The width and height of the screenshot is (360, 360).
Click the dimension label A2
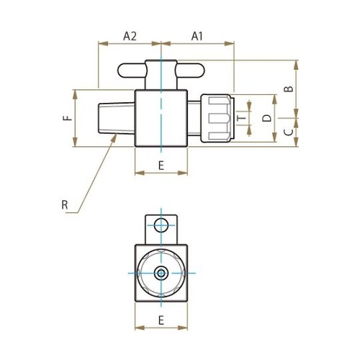click(130, 35)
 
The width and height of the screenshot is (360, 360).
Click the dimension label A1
click(198, 35)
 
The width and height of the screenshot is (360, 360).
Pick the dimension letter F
click(67, 118)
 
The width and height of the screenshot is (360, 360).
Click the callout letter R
click(65, 205)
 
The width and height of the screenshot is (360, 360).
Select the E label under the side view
click(161, 166)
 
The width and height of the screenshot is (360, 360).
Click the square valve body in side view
click(161, 118)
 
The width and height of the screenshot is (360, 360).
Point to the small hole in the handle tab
click(161, 224)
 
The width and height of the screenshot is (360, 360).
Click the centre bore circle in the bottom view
click(161, 273)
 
